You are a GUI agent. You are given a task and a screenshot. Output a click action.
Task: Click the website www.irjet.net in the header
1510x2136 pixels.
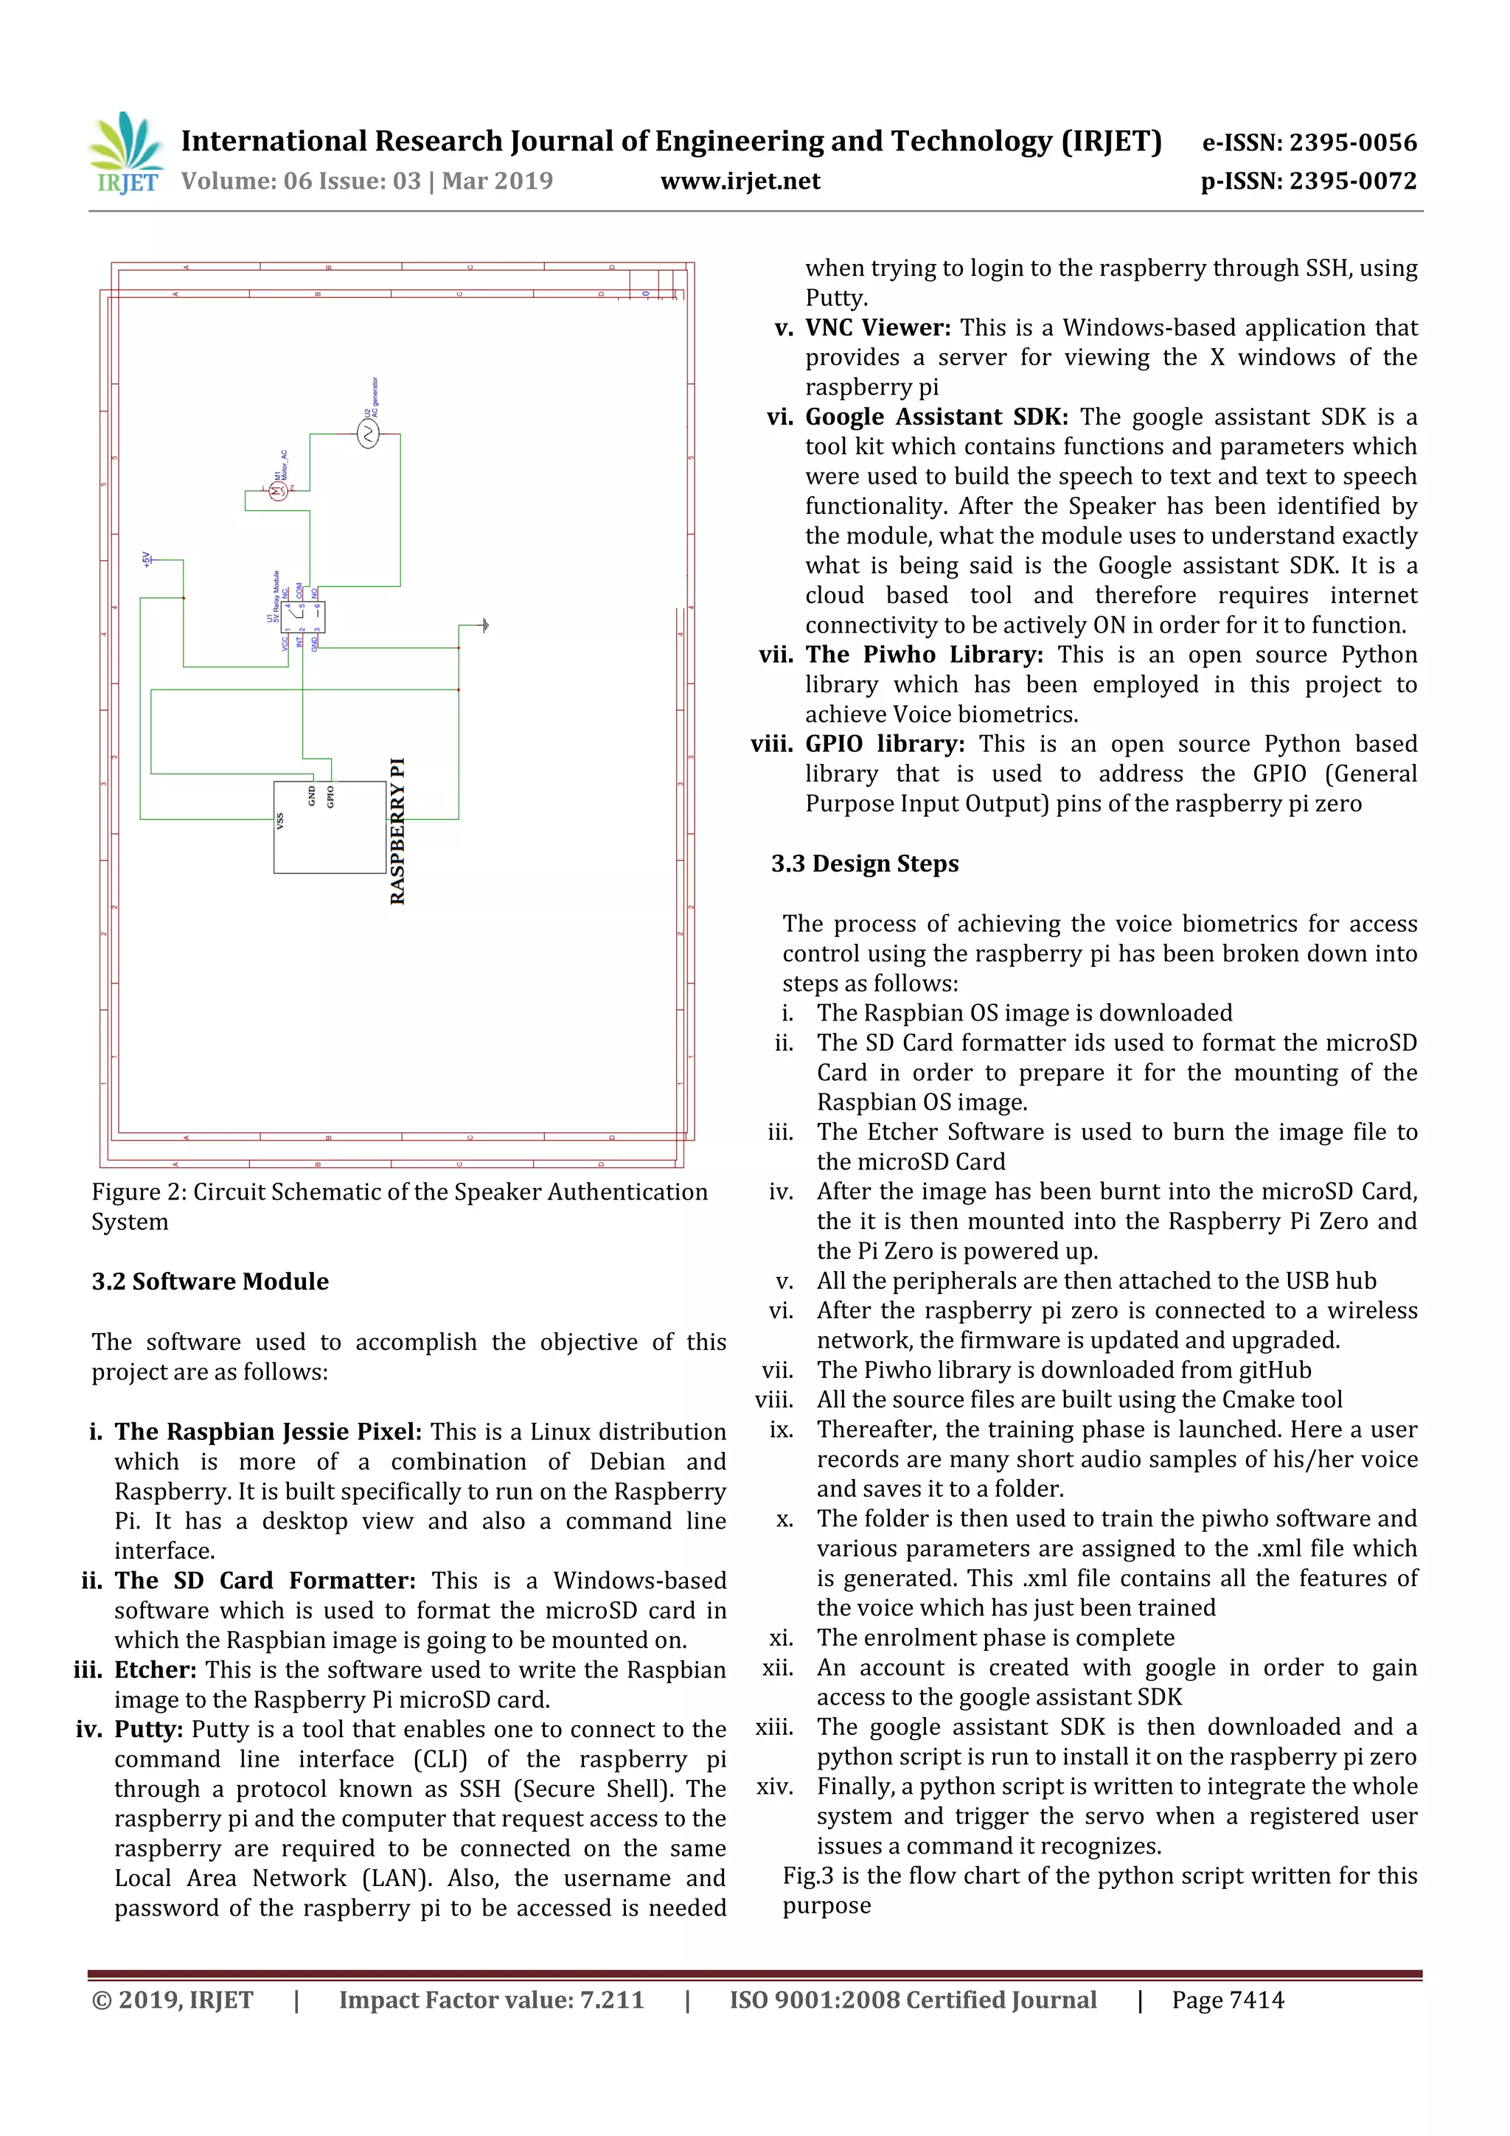coord(740,181)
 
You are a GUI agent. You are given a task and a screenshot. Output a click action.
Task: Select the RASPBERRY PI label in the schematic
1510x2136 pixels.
coord(398,831)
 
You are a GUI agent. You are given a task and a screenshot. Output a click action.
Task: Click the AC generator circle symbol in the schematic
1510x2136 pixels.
coord(369,434)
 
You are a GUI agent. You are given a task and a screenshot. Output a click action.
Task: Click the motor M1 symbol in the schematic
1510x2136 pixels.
coord(278,492)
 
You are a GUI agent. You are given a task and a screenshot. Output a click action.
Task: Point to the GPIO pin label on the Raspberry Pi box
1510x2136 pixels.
coord(330,796)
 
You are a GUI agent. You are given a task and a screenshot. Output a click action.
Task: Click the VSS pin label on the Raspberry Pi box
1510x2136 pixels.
coord(280,821)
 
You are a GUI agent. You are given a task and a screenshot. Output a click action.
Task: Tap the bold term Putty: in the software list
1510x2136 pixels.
coord(150,1730)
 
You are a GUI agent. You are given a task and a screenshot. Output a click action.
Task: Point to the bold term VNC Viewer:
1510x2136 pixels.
coord(877,327)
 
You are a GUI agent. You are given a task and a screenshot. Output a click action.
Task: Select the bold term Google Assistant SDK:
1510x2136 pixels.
coord(936,417)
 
